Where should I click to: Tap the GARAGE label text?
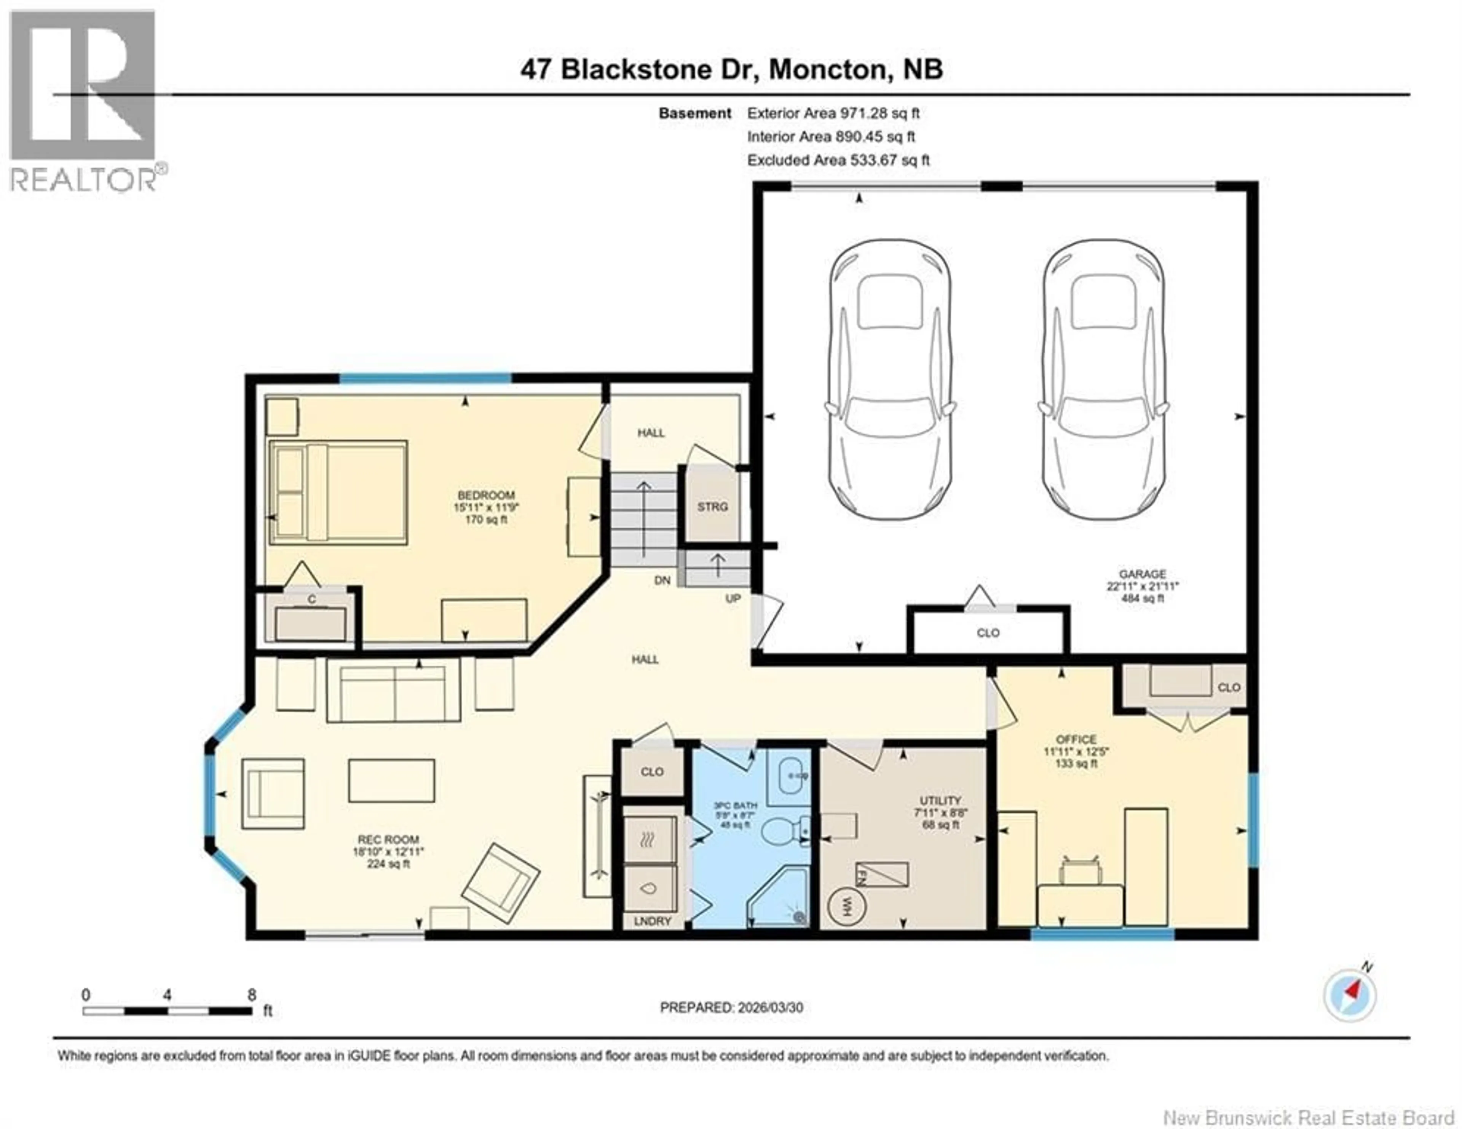[x=1142, y=574]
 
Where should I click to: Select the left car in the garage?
[x=890, y=379]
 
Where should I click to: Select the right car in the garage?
[x=1103, y=379]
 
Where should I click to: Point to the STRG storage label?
[x=712, y=507]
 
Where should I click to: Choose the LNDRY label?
[x=652, y=921]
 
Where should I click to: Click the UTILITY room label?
[x=940, y=800]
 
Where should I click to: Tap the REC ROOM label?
[x=388, y=839]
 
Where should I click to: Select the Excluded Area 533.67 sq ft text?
[x=838, y=160]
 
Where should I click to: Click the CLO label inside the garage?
[x=988, y=632]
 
